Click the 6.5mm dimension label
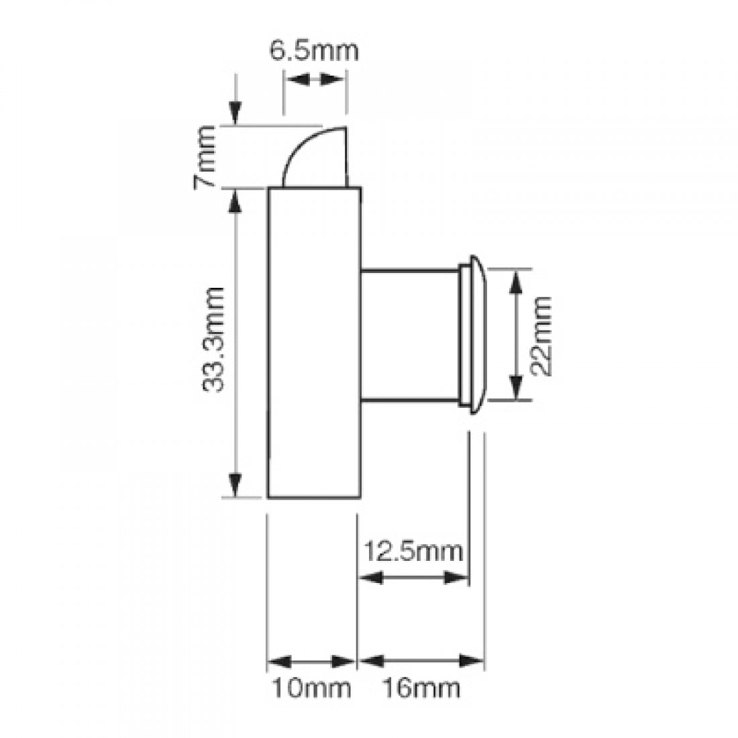(x=314, y=51)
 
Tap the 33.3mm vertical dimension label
(x=213, y=339)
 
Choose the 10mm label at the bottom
(x=311, y=688)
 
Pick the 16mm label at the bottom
(x=421, y=688)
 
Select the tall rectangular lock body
(x=314, y=342)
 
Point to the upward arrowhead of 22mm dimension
(x=515, y=283)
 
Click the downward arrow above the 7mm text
(x=235, y=113)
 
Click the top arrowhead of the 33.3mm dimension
(x=235, y=201)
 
